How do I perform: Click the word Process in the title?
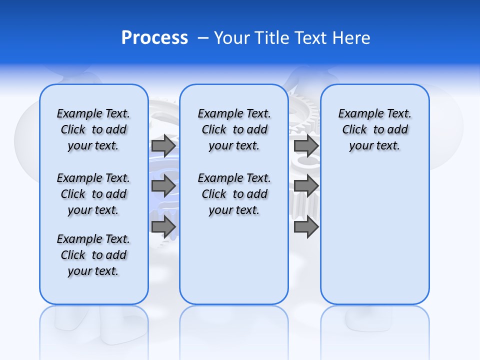[154, 38]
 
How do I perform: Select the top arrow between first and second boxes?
[163, 146]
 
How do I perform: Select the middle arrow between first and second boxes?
[163, 186]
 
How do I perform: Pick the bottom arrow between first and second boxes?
[163, 227]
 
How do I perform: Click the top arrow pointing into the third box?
[306, 146]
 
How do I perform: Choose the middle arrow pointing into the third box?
[306, 186]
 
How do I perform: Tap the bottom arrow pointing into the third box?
[306, 227]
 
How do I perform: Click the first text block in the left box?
[93, 129]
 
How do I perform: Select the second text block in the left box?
[93, 194]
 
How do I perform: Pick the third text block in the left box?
[93, 255]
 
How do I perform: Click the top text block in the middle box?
[234, 129]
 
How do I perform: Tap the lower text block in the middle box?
[234, 194]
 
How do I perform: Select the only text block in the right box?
[374, 129]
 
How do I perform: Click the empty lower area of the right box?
[374, 235]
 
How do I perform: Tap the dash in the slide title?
[203, 38]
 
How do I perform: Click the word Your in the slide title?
[232, 38]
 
